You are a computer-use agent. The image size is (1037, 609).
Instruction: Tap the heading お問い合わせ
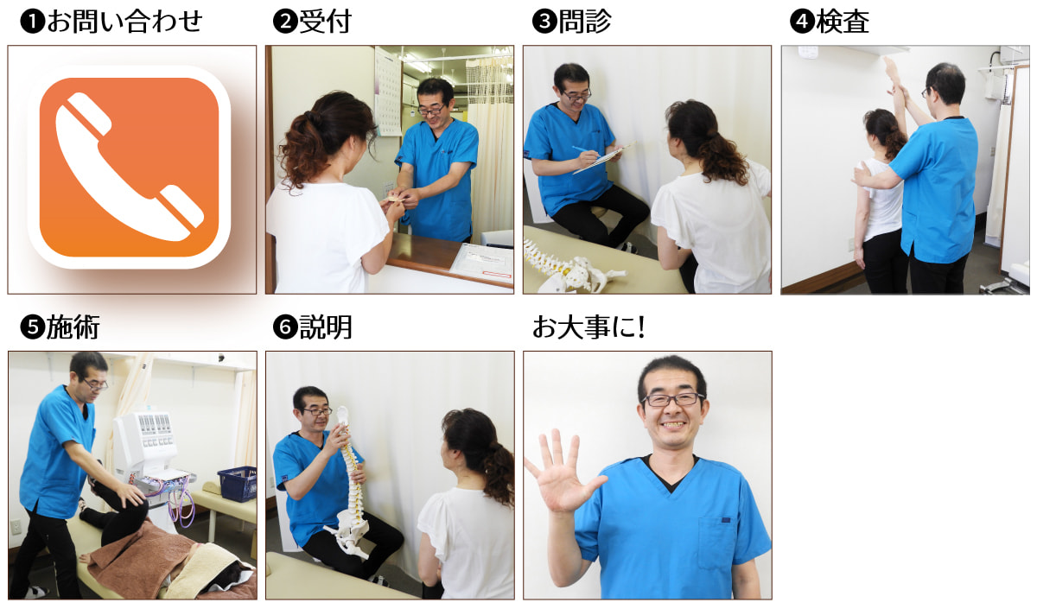tap(124, 22)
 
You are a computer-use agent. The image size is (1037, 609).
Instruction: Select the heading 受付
tap(326, 22)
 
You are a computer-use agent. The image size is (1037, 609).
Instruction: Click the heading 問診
tap(585, 22)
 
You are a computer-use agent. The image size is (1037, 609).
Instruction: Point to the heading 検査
tap(843, 22)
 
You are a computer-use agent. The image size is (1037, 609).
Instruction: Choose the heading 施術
tap(73, 327)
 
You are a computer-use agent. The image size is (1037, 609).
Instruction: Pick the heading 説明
tap(326, 327)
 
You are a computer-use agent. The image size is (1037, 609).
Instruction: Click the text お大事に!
tap(588, 327)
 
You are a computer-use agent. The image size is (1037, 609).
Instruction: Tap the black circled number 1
tap(33, 22)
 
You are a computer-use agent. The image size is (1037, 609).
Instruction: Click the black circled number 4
tap(802, 22)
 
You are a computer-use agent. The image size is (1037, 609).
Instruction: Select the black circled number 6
tap(285, 327)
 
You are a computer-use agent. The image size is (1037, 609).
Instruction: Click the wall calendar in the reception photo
tap(388, 92)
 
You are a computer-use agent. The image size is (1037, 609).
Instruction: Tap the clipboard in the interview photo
tap(604, 157)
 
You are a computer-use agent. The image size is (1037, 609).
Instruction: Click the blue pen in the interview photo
tap(586, 151)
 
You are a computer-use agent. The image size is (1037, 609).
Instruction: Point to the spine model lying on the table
tap(573, 267)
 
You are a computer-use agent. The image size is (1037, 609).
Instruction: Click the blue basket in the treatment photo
tap(238, 484)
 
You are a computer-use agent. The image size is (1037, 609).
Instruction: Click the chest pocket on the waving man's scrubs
tap(716, 542)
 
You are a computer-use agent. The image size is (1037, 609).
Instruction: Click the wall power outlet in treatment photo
tap(16, 526)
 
